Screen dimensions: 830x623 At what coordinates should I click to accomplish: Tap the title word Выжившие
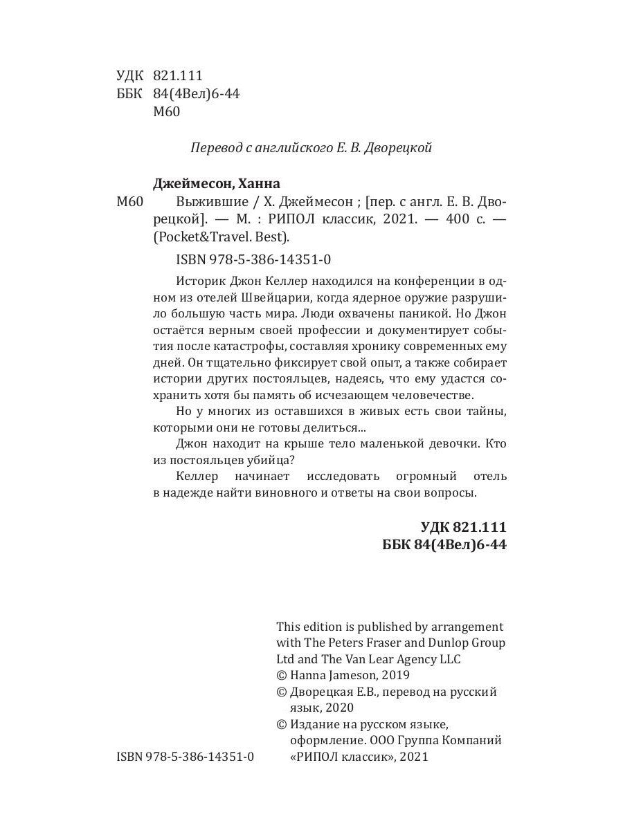[x=199, y=202]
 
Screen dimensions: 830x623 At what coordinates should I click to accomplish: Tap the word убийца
[x=278, y=459]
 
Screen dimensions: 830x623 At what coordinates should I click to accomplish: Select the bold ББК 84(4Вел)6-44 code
[x=444, y=545]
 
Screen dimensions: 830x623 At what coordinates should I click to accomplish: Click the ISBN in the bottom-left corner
[x=186, y=757]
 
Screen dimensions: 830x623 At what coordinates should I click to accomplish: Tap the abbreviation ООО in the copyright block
[x=356, y=740]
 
